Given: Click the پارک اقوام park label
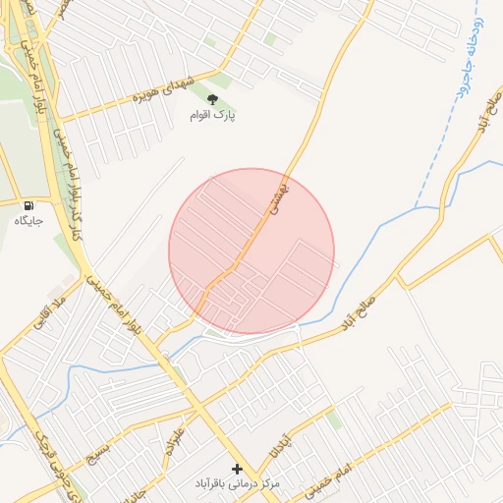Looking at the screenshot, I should tap(213, 115).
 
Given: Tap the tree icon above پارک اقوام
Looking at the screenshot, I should tap(212, 98).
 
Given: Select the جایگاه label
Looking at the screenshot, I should tap(29, 221).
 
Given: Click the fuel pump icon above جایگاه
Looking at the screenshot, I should tap(29, 205).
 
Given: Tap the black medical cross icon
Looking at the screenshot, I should tap(236, 469).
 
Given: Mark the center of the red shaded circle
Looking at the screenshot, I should tap(251, 251).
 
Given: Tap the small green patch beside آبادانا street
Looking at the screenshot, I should tap(335, 419).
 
